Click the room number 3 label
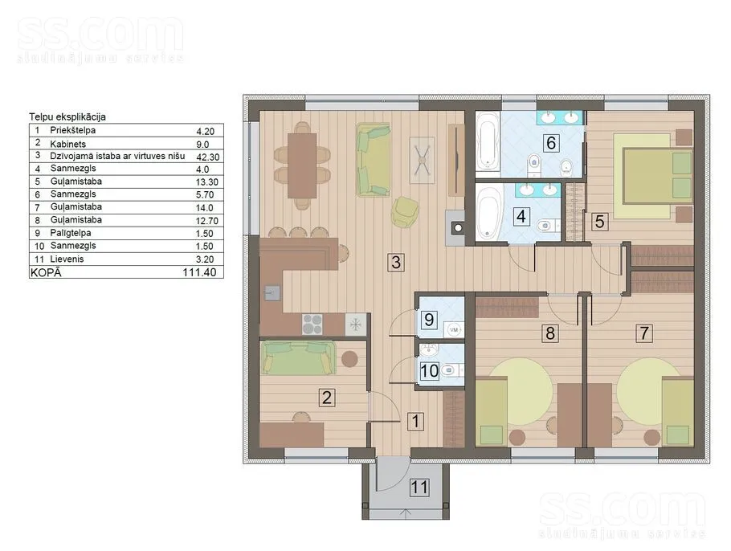[396, 262]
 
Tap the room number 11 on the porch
[419, 487]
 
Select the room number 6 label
[550, 143]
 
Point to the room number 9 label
[429, 320]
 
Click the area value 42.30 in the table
[208, 157]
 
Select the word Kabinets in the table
[68, 144]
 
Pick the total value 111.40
[199, 272]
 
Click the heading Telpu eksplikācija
[67, 116]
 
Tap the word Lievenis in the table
[67, 259]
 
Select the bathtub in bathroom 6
[488, 140]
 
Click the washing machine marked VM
[454, 329]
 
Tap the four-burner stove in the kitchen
[312, 324]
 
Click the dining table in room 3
[301, 165]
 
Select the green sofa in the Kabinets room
[298, 358]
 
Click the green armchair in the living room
[405, 212]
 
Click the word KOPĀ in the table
[46, 272]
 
